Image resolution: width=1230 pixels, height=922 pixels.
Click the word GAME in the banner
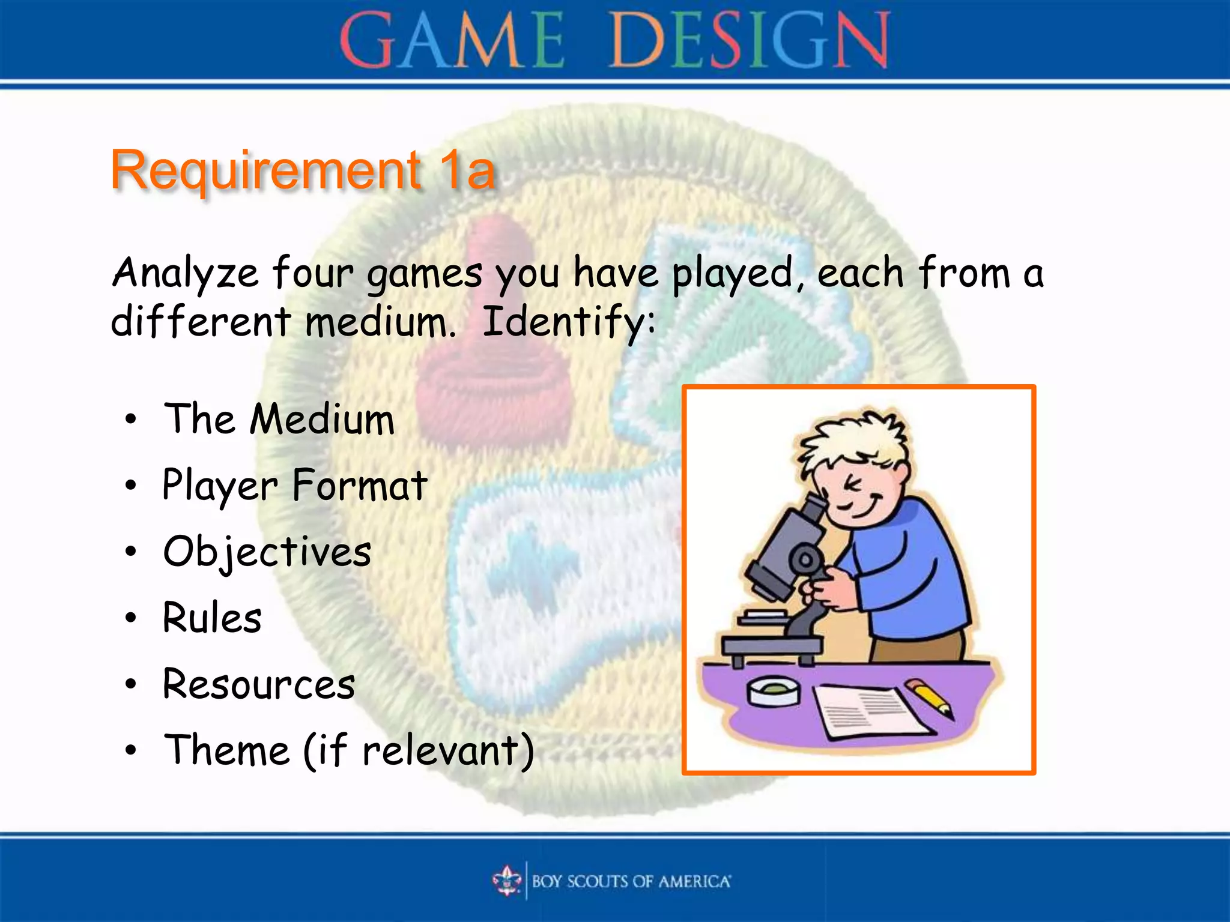(452, 41)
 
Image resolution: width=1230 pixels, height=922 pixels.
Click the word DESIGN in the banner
(748, 41)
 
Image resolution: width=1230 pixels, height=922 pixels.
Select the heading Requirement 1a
(303, 170)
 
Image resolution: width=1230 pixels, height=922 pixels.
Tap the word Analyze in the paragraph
(185, 274)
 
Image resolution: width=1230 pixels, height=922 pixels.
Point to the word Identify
(567, 322)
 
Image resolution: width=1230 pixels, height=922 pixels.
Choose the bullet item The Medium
(279, 418)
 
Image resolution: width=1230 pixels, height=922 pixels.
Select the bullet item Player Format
(295, 485)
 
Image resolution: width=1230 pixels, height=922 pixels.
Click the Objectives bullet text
(267, 552)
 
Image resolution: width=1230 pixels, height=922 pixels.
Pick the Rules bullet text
(212, 618)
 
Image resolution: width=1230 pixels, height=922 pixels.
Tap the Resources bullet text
(259, 684)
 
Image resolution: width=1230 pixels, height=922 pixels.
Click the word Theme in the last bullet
(227, 750)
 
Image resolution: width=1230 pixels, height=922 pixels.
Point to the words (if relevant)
(419, 750)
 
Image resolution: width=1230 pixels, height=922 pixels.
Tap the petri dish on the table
(773, 691)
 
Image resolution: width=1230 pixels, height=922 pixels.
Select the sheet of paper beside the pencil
(868, 711)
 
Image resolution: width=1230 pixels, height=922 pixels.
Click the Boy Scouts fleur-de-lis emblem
(507, 881)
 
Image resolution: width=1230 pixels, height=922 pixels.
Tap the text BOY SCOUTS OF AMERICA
(631, 881)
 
